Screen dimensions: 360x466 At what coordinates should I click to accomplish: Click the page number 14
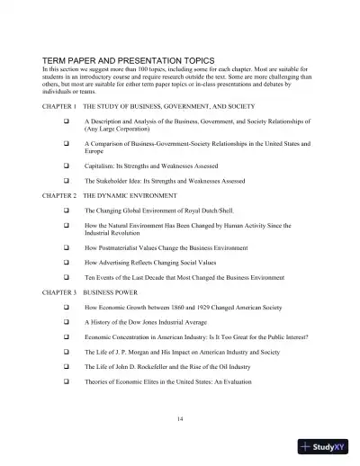[x=180, y=418]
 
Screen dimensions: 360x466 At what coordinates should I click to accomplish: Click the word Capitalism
[x=101, y=166]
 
